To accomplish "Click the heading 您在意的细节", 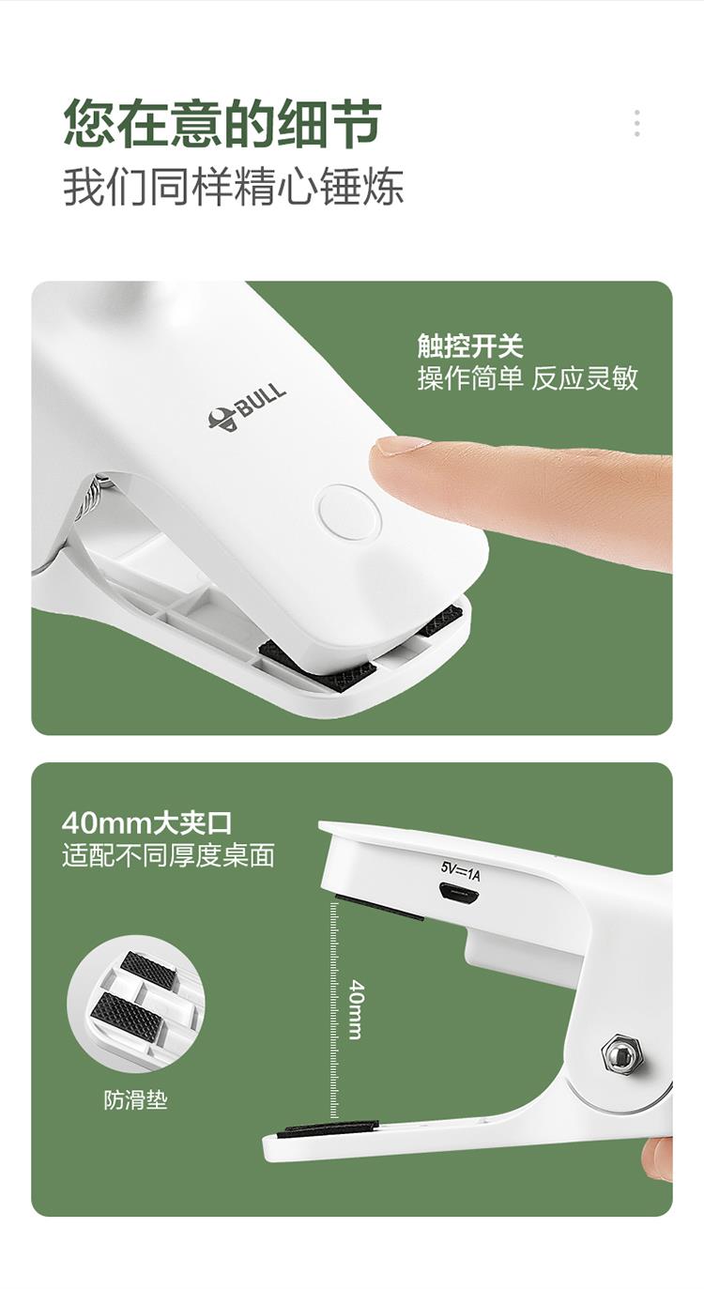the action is (222, 123).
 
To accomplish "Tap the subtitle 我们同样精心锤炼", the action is (233, 186).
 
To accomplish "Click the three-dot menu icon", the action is (636, 123).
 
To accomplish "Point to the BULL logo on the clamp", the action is (247, 407).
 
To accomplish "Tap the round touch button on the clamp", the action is (348, 513).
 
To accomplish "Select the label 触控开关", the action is (470, 345).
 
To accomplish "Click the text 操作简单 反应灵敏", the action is (528, 378).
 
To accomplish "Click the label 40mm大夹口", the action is (146, 823).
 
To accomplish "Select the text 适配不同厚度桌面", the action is (168, 855).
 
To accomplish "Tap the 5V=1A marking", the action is (461, 872).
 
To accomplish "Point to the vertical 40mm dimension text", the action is (357, 1009).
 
